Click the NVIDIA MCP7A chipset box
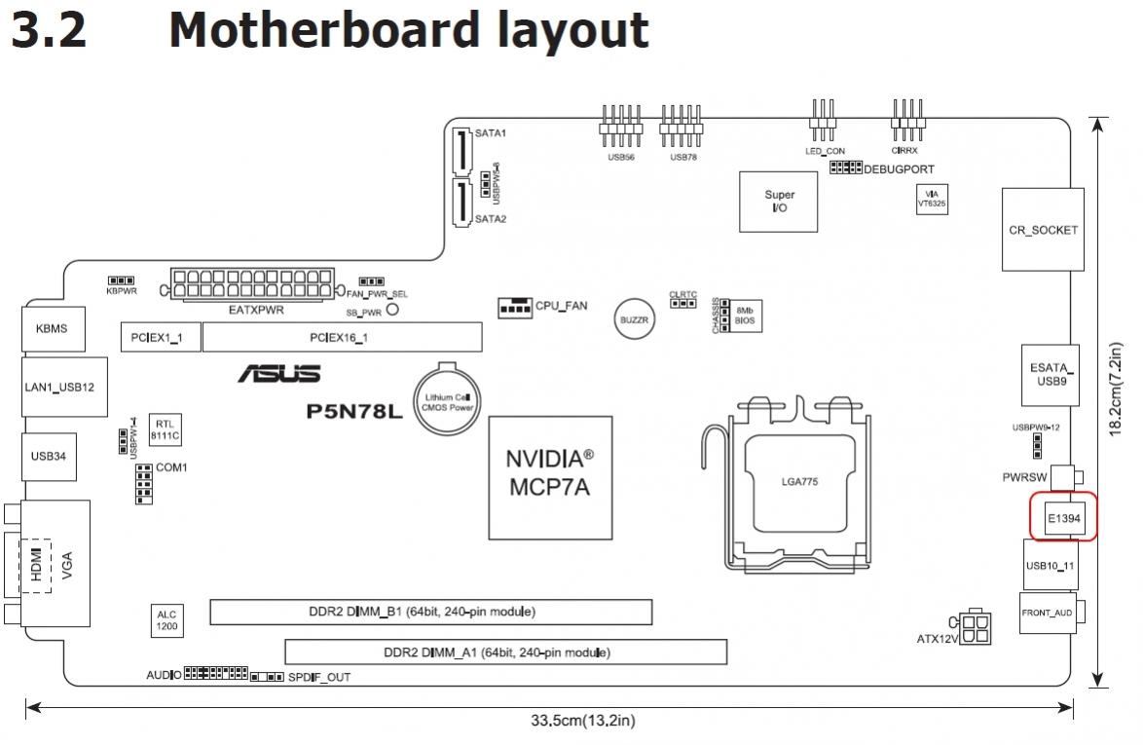(550, 477)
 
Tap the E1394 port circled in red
(1063, 517)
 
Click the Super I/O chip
(779, 203)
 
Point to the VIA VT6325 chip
(931, 199)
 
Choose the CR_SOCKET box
(1043, 231)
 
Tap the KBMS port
(52, 328)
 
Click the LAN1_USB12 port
(59, 387)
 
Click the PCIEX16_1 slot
(342, 338)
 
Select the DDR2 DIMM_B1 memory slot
(430, 612)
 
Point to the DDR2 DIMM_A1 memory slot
(505, 652)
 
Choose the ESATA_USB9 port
(1051, 375)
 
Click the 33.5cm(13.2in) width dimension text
(582, 721)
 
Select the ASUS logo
(278, 374)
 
